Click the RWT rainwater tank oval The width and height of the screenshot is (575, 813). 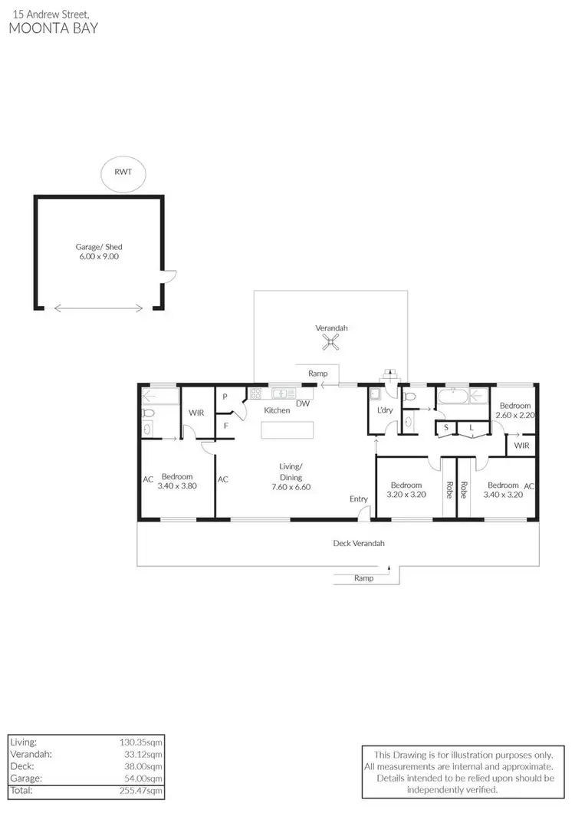(123, 172)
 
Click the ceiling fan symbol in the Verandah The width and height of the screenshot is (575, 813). (331, 343)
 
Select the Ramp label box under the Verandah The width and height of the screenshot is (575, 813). (317, 374)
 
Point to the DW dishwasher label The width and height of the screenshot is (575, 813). (303, 403)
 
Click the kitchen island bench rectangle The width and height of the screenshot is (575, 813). (288, 430)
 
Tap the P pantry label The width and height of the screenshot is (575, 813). (226, 397)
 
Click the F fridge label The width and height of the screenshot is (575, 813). (226, 425)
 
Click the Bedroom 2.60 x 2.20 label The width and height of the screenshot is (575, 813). (515, 410)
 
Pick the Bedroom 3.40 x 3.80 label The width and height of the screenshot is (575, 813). (176, 481)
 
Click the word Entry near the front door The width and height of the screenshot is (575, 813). (359, 499)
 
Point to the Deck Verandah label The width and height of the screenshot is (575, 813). (359, 544)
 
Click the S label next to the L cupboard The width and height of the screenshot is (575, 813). (445, 429)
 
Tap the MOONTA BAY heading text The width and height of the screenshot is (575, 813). (53, 28)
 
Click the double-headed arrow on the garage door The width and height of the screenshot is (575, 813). (99, 308)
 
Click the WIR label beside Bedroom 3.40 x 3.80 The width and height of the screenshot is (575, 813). (196, 413)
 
